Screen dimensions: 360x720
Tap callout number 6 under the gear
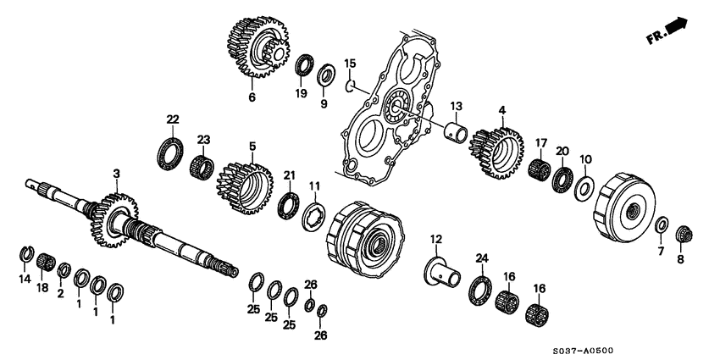(252, 97)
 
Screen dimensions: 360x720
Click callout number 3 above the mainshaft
(117, 173)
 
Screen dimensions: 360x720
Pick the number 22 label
(172, 119)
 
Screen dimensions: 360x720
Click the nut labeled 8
(684, 232)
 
